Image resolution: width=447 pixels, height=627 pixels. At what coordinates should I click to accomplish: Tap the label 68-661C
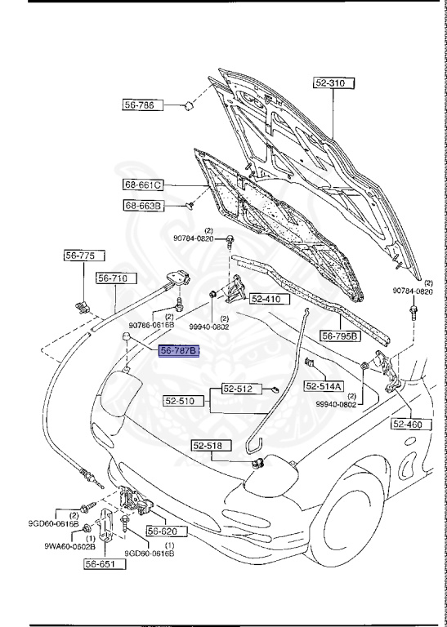click(x=144, y=185)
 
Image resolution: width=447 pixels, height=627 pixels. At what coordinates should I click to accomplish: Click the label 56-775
click(x=80, y=256)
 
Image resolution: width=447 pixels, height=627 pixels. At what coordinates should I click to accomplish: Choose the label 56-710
click(x=112, y=278)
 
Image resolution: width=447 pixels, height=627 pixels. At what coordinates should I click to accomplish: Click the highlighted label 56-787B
click(x=179, y=351)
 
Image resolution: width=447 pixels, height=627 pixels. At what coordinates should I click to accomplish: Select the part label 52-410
click(x=265, y=299)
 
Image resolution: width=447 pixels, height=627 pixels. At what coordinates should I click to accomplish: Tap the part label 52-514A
click(x=325, y=386)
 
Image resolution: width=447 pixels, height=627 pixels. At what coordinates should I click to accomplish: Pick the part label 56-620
click(x=162, y=531)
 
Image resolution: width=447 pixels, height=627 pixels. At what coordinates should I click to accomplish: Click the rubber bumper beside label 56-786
click(x=187, y=104)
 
